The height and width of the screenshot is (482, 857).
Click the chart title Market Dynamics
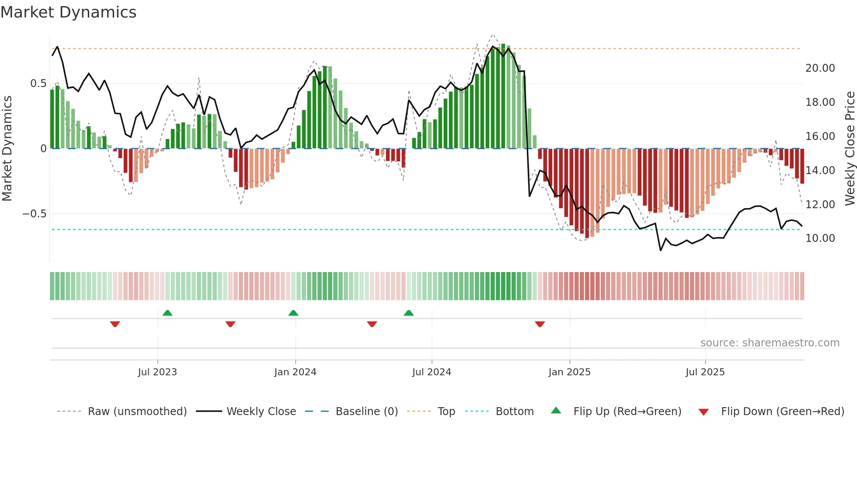click(x=68, y=12)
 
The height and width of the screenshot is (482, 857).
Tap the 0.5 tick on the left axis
click(x=38, y=84)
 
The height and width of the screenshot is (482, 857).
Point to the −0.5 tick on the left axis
click(x=34, y=214)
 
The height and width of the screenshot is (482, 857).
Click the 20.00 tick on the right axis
click(x=820, y=68)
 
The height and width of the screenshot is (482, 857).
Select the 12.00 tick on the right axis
click(x=820, y=205)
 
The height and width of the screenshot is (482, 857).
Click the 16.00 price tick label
click(x=820, y=136)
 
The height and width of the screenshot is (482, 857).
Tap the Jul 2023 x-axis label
click(x=157, y=372)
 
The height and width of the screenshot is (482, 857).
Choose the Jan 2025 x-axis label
click(x=569, y=372)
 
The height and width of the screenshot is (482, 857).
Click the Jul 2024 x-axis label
click(x=432, y=372)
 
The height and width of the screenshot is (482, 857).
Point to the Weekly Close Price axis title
click(x=850, y=149)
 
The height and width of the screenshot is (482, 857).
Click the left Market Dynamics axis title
click(x=7, y=149)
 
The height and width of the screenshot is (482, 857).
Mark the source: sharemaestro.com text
click(x=770, y=343)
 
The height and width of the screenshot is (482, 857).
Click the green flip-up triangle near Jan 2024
click(x=293, y=313)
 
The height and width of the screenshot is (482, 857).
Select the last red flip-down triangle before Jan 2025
click(x=540, y=324)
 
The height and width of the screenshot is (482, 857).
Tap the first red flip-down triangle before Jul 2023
click(x=115, y=324)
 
